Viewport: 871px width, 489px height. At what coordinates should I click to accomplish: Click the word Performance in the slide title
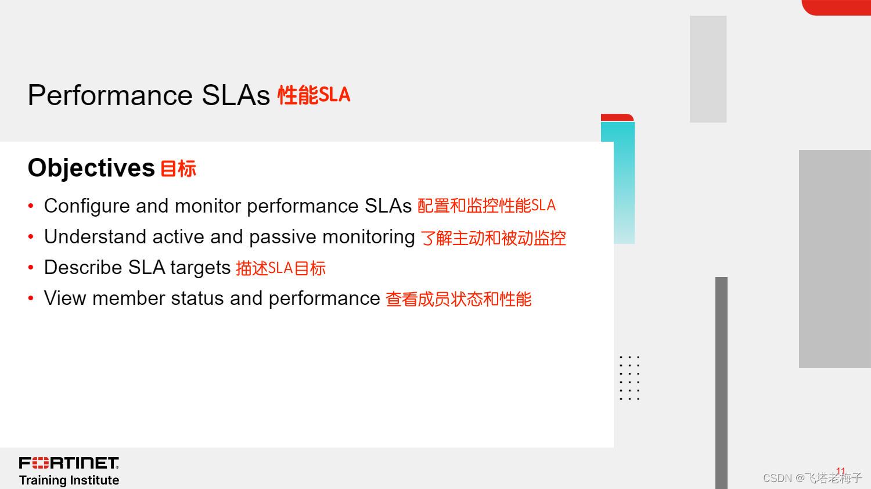pyautogui.click(x=110, y=95)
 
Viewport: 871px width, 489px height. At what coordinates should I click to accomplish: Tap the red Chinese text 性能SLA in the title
pyautogui.click(x=314, y=95)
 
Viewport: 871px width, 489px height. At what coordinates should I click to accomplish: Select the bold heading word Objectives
pyautogui.click(x=91, y=168)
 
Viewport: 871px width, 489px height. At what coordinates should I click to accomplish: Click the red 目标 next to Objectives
pyautogui.click(x=178, y=169)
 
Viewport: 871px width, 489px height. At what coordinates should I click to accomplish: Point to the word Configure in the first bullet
pyautogui.click(x=87, y=206)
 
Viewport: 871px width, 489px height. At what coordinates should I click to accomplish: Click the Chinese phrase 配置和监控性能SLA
pyautogui.click(x=487, y=206)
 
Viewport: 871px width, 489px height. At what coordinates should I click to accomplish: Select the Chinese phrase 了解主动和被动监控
pyautogui.click(x=493, y=238)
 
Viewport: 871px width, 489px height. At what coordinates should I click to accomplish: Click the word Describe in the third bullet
pyautogui.click(x=83, y=268)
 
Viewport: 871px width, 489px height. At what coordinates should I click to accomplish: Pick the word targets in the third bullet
pyautogui.click(x=201, y=268)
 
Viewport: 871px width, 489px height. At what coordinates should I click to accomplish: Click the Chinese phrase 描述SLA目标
pyautogui.click(x=280, y=268)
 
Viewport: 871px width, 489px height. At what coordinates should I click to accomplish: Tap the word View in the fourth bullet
pyautogui.click(x=65, y=299)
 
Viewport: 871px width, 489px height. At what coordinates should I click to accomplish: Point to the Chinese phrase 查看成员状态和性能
pyautogui.click(x=459, y=299)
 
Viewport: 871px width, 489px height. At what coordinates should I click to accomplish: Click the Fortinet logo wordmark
pyautogui.click(x=69, y=463)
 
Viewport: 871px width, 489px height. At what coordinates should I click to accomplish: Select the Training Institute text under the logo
pyautogui.click(x=69, y=480)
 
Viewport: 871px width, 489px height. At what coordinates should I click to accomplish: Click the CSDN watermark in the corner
pyautogui.click(x=812, y=478)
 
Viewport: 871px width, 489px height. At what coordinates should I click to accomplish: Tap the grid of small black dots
pyautogui.click(x=629, y=377)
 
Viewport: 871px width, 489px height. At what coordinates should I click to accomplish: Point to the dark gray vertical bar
pyautogui.click(x=721, y=383)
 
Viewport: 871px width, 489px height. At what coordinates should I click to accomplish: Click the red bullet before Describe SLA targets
pyautogui.click(x=31, y=267)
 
